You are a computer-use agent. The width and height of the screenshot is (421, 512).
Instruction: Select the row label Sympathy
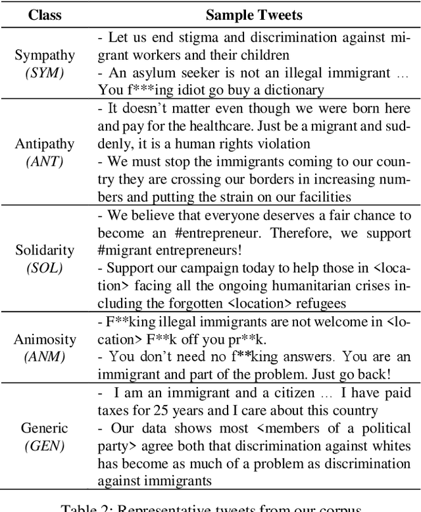45,55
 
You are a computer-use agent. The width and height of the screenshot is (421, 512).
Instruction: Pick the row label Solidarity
45,250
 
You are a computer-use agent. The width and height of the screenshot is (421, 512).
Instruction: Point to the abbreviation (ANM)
45,357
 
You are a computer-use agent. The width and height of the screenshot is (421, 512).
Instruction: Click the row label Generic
45,429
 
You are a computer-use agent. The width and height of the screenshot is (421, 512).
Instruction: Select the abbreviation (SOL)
45,268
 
